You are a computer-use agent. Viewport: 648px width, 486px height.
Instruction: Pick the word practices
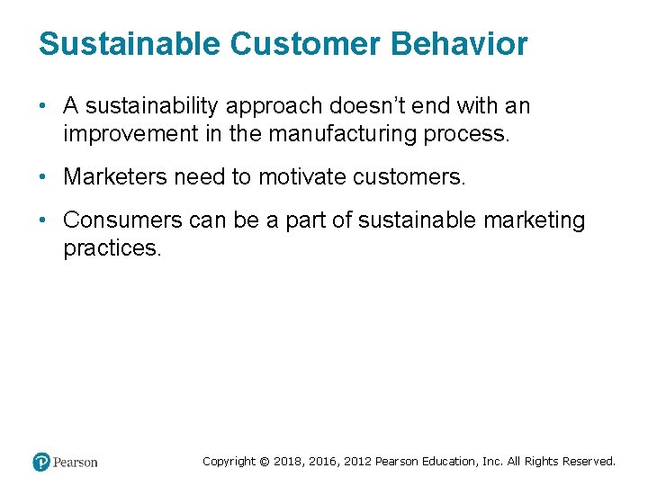112,248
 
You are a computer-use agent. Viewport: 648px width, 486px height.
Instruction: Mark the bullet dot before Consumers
43,220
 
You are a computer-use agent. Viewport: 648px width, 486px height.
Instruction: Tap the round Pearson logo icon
40,462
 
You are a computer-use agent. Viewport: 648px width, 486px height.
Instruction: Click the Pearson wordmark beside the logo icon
76,462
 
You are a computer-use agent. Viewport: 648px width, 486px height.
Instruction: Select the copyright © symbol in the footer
264,461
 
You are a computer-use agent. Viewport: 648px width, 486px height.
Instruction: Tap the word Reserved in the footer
589,461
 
